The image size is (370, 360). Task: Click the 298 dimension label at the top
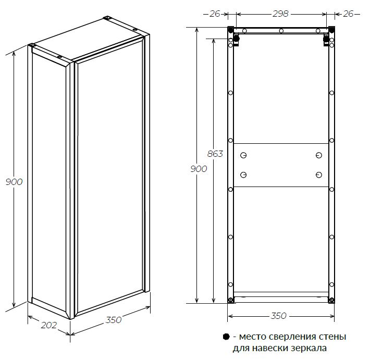click(x=280, y=14)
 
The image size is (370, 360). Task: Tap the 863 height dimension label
click(x=215, y=154)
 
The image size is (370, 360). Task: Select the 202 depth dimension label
click(x=49, y=325)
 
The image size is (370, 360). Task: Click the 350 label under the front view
click(x=278, y=316)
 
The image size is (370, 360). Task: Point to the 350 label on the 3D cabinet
click(x=114, y=320)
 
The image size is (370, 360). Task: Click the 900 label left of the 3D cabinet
click(x=14, y=182)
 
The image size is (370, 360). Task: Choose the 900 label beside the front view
click(x=199, y=169)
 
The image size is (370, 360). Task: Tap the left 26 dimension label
click(x=215, y=14)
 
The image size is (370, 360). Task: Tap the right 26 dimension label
click(x=348, y=14)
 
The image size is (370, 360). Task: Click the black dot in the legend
click(x=226, y=337)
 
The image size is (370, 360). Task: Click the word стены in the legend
click(x=332, y=337)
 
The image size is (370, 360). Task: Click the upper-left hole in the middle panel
click(x=243, y=155)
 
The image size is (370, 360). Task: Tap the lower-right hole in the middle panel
click(x=319, y=175)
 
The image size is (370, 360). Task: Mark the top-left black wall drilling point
click(x=230, y=30)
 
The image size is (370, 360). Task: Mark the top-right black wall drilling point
click(x=331, y=30)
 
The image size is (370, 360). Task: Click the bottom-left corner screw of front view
click(x=230, y=300)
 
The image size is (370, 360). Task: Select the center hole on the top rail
click(x=281, y=31)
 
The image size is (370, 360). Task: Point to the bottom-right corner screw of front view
click(x=331, y=300)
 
